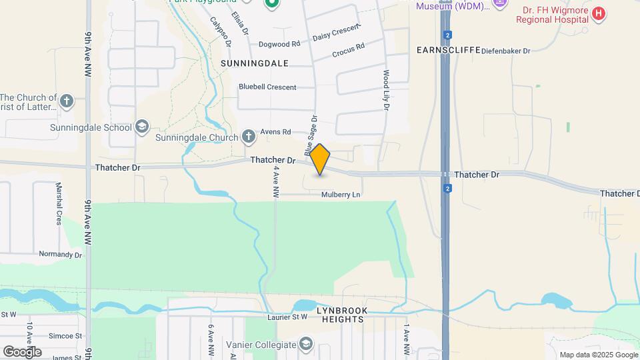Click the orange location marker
320,159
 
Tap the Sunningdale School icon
141,126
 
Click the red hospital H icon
599,13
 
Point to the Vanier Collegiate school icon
306,344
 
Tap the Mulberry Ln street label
341,195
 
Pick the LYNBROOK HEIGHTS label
340,315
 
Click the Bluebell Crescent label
267,87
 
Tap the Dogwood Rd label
280,44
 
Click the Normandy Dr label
60,255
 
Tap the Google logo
21,351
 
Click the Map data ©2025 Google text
599,355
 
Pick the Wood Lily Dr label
385,91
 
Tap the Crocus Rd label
349,48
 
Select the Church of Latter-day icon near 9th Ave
66,101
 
